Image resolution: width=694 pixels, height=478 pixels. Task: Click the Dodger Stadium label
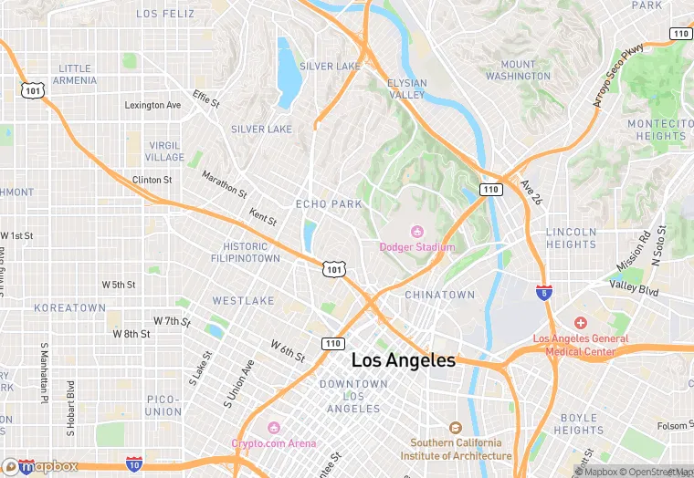pos(417,247)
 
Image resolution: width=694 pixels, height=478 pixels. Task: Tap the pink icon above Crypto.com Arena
pos(273,427)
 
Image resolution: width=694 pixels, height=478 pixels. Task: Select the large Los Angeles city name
pos(403,360)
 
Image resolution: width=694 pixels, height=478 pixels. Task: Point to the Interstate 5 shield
pos(543,292)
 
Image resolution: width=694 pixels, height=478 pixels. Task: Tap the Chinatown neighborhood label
pos(440,295)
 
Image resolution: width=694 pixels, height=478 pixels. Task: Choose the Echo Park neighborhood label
pos(329,204)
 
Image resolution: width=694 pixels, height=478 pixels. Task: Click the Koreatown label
pos(70,308)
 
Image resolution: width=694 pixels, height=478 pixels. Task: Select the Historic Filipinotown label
pos(252,253)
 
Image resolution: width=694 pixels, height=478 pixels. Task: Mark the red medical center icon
pos(580,323)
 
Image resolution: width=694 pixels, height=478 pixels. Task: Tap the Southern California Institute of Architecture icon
pos(455,427)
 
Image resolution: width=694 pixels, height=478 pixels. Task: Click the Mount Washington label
pos(518,70)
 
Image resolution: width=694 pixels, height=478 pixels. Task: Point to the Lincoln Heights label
pos(571,238)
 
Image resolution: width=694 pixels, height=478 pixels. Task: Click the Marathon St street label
pos(224,185)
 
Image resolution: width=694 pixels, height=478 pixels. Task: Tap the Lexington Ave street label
pos(152,106)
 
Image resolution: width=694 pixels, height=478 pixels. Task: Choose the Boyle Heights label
pos(578,424)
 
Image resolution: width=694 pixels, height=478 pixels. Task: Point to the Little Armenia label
pos(76,74)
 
